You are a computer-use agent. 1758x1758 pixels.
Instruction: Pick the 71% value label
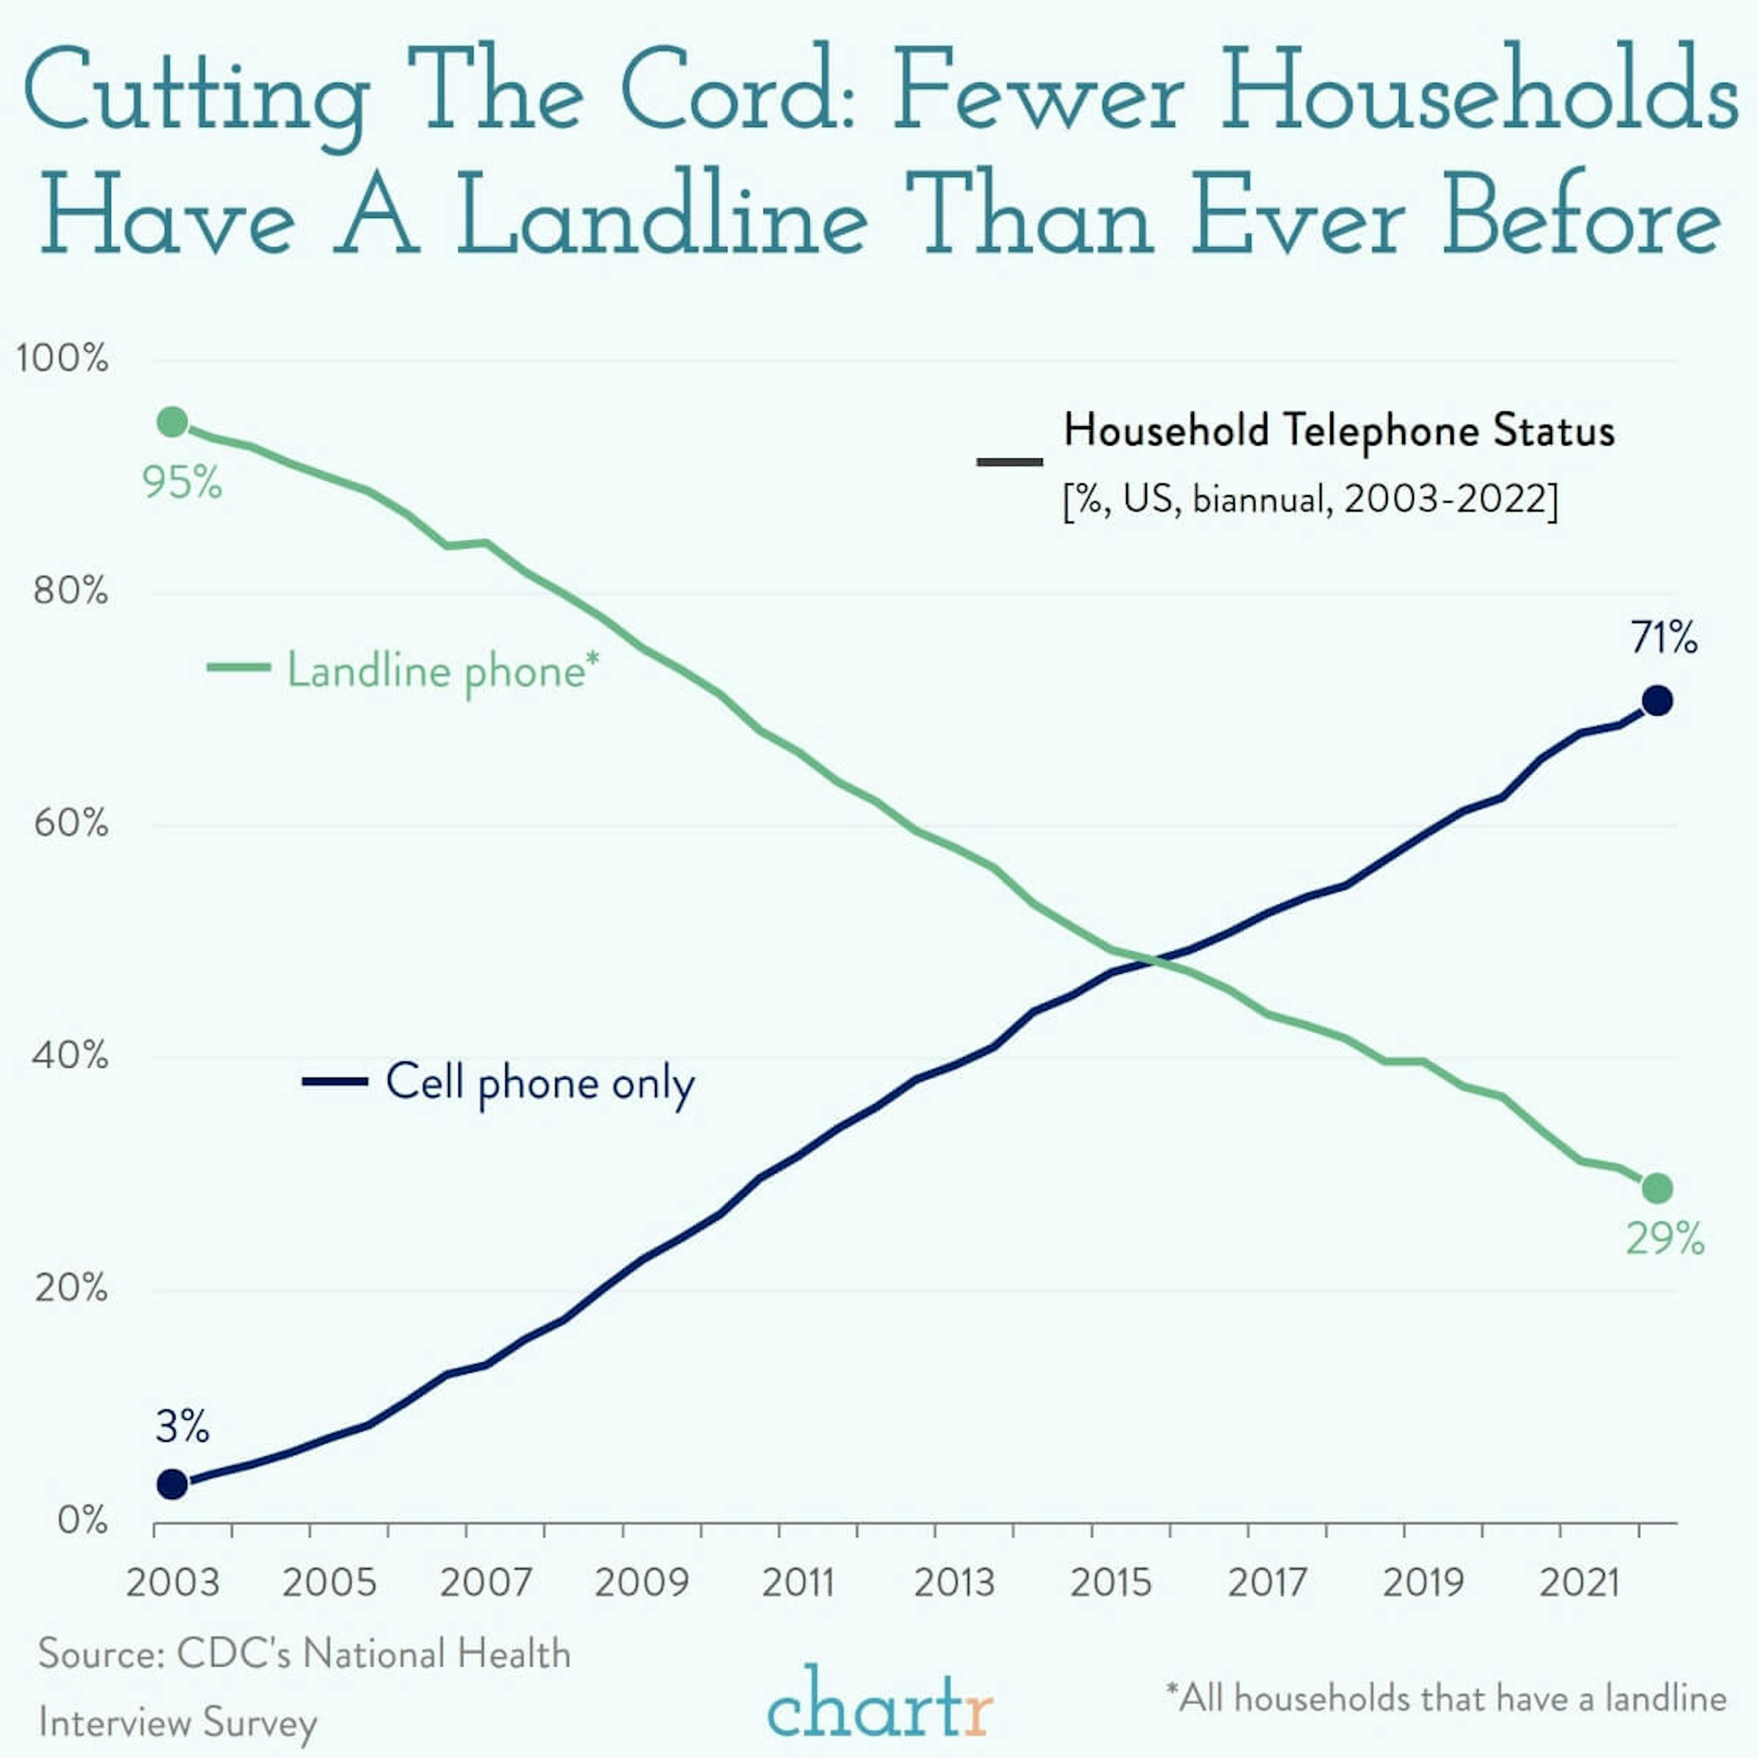pyautogui.click(x=1663, y=638)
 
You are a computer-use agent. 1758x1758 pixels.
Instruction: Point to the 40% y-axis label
pyautogui.click(x=70, y=1057)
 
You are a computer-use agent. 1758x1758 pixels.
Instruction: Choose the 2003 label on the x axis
pyautogui.click(x=173, y=1583)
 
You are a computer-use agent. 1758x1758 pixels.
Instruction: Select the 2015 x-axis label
pyautogui.click(x=1110, y=1583)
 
